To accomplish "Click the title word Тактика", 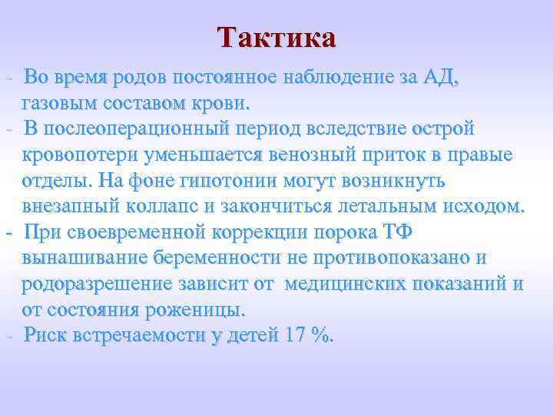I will point(276,38).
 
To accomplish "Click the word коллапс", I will point(181,206).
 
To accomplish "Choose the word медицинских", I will point(353,284).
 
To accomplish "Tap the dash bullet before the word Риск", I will point(8,337).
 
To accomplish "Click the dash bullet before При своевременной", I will point(8,232).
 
